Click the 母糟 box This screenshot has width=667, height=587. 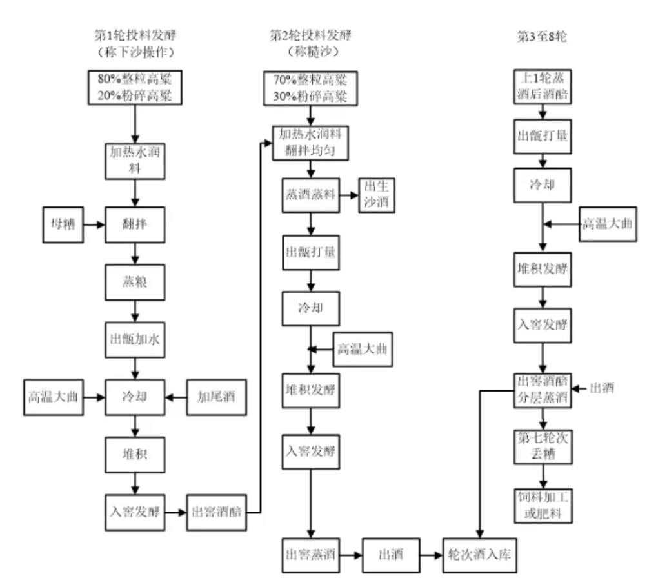[x=62, y=225]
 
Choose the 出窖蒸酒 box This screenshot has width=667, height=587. [x=311, y=554]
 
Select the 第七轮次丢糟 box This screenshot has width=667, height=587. [x=542, y=445]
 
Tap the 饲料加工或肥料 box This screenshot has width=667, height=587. [x=542, y=507]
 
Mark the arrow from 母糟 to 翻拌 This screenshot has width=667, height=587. [x=94, y=225]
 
